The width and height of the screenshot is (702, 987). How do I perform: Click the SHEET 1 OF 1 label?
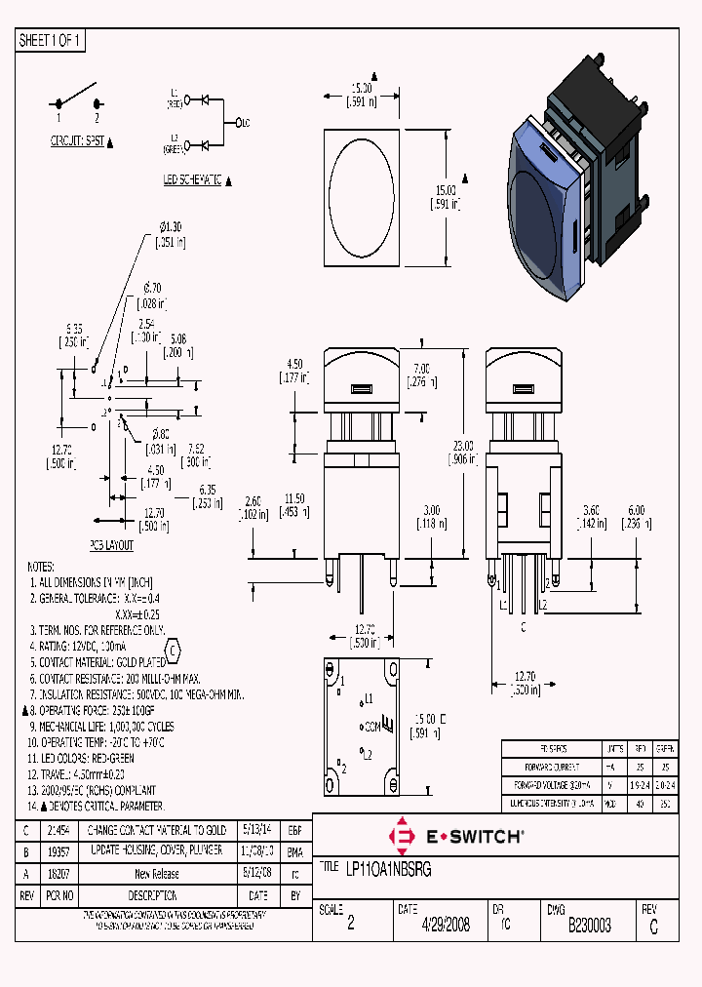[x=51, y=40]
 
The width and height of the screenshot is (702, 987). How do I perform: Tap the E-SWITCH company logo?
[x=457, y=836]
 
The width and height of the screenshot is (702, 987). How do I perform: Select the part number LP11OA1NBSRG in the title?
[x=390, y=868]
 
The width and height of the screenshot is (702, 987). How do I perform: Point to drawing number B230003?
[x=590, y=926]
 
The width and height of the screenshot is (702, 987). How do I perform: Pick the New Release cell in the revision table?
[x=156, y=874]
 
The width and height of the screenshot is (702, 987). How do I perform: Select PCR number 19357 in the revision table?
[x=58, y=851]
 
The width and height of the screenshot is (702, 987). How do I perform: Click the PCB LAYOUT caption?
[x=112, y=546]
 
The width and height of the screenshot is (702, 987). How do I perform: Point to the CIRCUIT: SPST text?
[x=77, y=141]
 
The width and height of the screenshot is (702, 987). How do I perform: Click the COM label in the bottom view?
[x=370, y=727]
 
